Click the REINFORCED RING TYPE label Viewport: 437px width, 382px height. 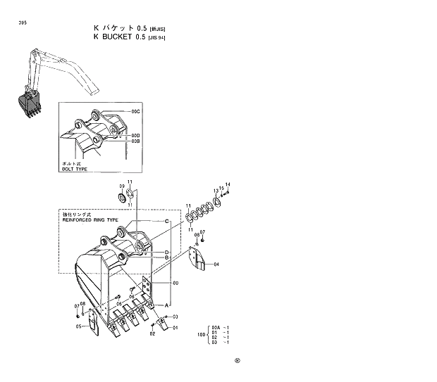pyautogui.click(x=92, y=219)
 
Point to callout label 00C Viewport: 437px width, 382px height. pyautogui.click(x=135, y=112)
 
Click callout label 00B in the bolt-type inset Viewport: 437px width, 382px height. pyautogui.click(x=135, y=141)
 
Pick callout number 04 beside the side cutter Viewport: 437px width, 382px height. pyautogui.click(x=216, y=264)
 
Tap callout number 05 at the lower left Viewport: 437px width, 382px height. pyautogui.click(x=78, y=326)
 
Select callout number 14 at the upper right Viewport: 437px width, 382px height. pyautogui.click(x=228, y=184)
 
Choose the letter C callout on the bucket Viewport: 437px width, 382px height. pyautogui.click(x=166, y=222)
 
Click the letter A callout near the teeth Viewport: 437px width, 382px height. pyautogui.click(x=166, y=305)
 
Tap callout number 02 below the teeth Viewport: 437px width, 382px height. pyautogui.click(x=152, y=333)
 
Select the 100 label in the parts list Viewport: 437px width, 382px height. pyautogui.click(x=202, y=334)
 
